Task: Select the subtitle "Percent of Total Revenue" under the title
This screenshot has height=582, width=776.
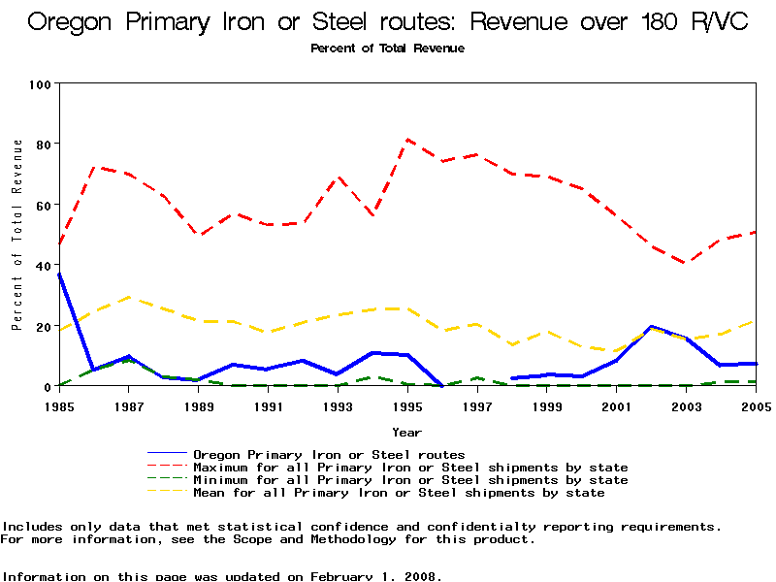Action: pyautogui.click(x=388, y=48)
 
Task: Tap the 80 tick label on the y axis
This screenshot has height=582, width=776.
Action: pyautogui.click(x=43, y=144)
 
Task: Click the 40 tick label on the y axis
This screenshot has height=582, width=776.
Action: pyautogui.click(x=43, y=265)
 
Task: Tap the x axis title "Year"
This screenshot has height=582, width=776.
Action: pyautogui.click(x=407, y=432)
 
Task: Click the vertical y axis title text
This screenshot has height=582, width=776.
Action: pyautogui.click(x=17, y=234)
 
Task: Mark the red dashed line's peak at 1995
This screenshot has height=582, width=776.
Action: pyautogui.click(x=407, y=140)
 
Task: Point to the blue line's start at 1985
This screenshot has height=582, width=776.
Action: pyautogui.click(x=59, y=274)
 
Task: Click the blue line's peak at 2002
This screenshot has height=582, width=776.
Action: pyautogui.click(x=652, y=327)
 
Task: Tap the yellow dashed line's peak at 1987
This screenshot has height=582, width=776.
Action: pyautogui.click(x=129, y=297)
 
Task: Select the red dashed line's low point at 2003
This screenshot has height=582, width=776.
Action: pyautogui.click(x=687, y=263)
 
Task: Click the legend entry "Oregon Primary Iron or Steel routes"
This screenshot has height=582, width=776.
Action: pyautogui.click(x=329, y=454)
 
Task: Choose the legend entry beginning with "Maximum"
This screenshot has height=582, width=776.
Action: pyautogui.click(x=410, y=468)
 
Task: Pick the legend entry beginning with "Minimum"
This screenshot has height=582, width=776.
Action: pyautogui.click(x=410, y=480)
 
